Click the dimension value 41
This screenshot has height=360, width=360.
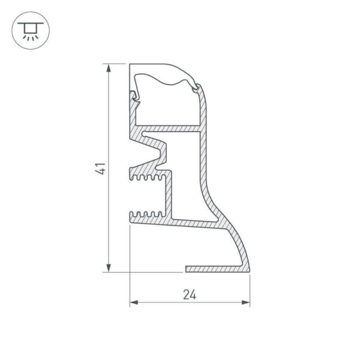coord(101,169)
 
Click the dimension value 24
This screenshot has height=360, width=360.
coord(190,295)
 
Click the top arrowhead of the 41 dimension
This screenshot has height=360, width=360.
coord(109,68)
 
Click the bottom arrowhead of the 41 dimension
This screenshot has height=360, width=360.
coord(109,268)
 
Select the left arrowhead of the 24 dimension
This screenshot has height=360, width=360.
coord(134,302)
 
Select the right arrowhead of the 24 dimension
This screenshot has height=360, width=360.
coord(246,302)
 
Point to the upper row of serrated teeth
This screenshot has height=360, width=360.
coord(148,178)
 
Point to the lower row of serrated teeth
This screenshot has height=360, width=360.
coord(148,214)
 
